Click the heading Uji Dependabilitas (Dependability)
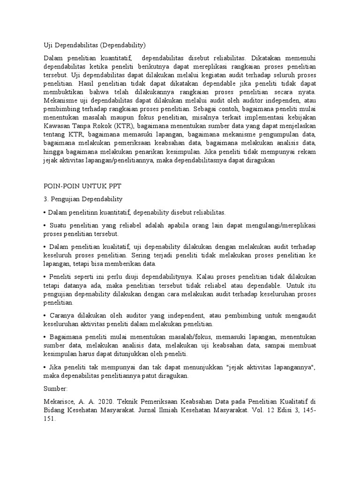click(x=95, y=45)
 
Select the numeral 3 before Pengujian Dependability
click(x=45, y=199)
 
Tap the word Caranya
click(x=60, y=315)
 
